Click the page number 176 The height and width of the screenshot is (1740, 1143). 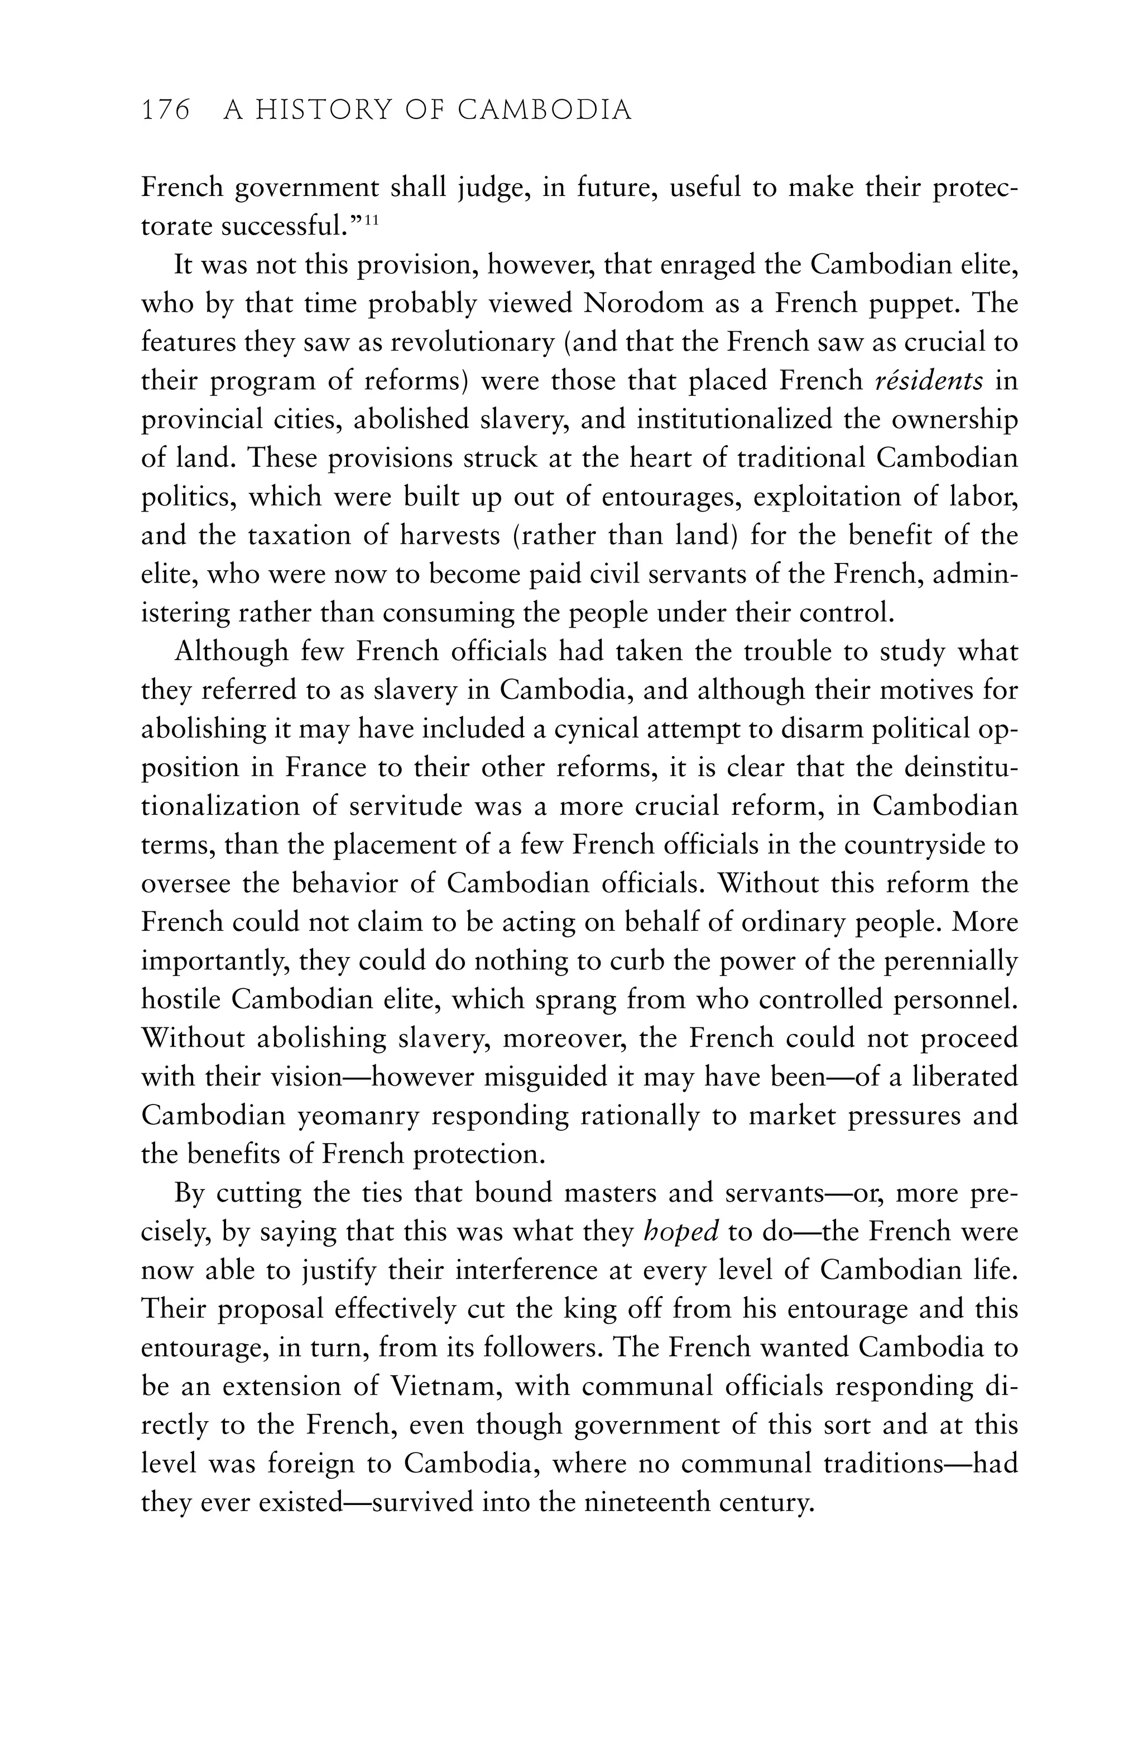[165, 111]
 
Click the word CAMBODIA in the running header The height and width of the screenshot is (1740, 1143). [545, 111]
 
